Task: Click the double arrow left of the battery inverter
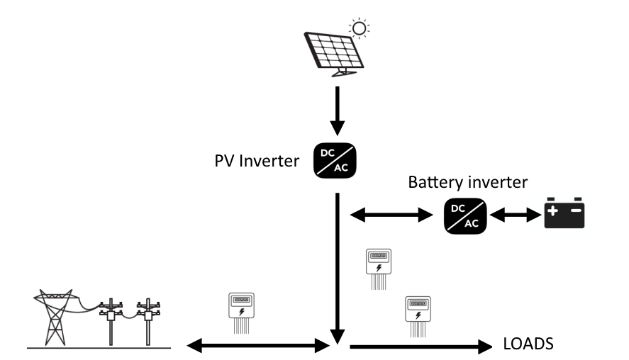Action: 393,215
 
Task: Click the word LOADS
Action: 528,345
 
